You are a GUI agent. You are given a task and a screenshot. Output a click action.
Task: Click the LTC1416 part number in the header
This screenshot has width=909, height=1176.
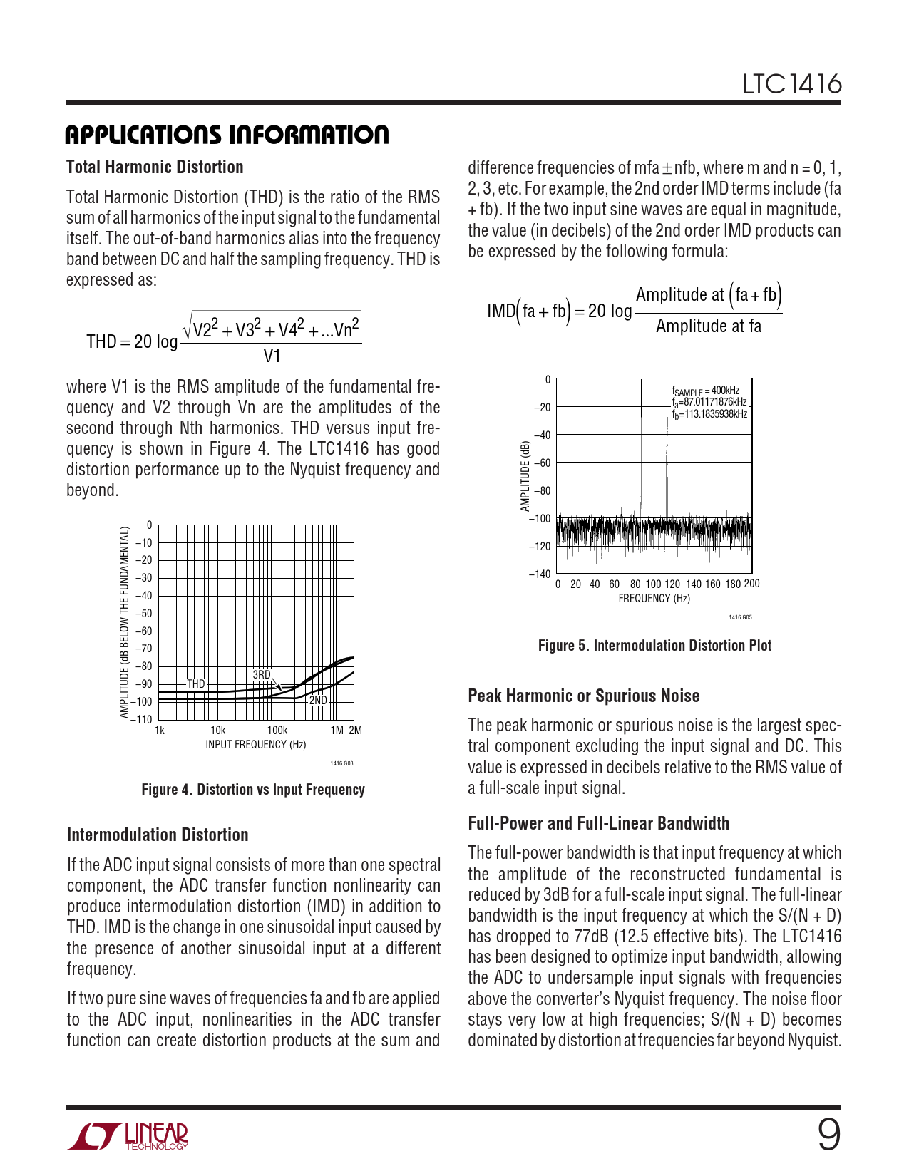coord(791,85)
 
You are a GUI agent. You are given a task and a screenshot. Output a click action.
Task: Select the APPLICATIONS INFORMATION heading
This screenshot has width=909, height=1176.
coord(227,135)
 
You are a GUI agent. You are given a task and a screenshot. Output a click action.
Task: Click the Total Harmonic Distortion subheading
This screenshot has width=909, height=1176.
coord(155,167)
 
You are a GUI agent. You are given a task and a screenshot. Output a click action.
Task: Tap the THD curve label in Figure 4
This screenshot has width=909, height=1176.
coord(196,684)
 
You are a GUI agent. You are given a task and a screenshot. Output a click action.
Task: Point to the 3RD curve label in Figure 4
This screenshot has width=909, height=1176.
coord(262,674)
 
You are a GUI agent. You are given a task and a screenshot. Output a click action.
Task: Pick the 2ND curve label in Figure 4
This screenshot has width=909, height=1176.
coord(318,701)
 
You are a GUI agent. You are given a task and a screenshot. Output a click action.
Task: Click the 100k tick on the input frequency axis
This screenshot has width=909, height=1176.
coord(277,731)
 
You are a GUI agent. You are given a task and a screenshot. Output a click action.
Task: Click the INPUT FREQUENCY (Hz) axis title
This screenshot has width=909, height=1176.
coord(256,745)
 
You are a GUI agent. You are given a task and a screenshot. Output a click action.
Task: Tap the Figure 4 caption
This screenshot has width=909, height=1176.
coord(253,790)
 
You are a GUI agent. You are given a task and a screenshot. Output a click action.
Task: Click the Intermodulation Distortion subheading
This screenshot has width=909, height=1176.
coord(158,835)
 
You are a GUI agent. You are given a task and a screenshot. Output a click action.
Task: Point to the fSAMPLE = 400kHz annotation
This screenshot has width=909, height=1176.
coord(706,391)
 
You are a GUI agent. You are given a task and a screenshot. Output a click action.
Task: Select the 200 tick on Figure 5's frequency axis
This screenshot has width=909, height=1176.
coord(751,584)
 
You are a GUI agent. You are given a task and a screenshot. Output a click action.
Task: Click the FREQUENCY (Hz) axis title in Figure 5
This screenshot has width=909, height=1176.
coord(654,599)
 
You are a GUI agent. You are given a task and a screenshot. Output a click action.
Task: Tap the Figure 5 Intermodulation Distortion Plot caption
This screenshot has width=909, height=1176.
coord(654,646)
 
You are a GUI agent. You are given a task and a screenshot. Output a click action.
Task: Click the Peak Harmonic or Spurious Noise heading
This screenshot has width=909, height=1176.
coord(584,696)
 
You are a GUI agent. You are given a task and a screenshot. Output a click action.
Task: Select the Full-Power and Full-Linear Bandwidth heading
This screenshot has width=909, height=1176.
coord(598,824)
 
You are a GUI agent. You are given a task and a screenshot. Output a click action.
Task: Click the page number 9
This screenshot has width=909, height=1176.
coord(828,1135)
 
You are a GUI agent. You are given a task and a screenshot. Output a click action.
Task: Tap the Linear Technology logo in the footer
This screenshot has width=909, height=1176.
coord(128,1136)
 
